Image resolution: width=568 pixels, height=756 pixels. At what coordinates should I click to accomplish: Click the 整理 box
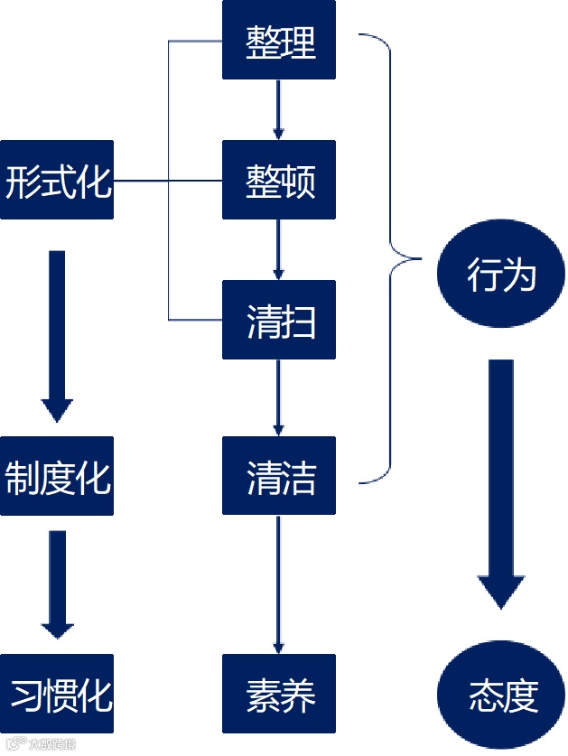pos(279,40)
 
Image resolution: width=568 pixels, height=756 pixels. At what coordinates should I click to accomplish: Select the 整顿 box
pos(279,180)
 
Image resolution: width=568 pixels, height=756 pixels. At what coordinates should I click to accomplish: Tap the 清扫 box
pos(279,320)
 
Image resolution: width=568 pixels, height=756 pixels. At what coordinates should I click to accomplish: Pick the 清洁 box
pos(279,476)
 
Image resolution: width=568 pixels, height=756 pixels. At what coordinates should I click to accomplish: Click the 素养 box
pos(279,694)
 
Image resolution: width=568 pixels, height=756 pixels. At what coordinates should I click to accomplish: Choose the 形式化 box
pos(57,180)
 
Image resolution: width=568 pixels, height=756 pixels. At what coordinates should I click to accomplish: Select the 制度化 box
pos(57,476)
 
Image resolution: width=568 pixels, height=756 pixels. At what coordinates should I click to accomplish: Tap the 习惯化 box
pos(57,694)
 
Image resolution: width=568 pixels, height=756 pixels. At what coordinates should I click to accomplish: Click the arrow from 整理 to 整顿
pos(279,109)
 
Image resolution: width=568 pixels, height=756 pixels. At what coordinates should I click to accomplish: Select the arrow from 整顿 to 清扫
pos(279,249)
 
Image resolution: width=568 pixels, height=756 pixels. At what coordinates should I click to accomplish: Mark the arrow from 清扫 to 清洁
pos(279,397)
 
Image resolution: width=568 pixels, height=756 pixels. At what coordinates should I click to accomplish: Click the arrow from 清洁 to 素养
pos(279,584)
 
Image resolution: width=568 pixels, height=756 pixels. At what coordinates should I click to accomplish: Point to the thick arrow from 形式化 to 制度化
pos(57,334)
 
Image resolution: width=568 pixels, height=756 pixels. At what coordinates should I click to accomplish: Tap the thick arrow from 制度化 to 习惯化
pos(57,583)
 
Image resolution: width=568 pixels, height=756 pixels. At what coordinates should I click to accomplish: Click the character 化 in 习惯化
pos(95,695)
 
